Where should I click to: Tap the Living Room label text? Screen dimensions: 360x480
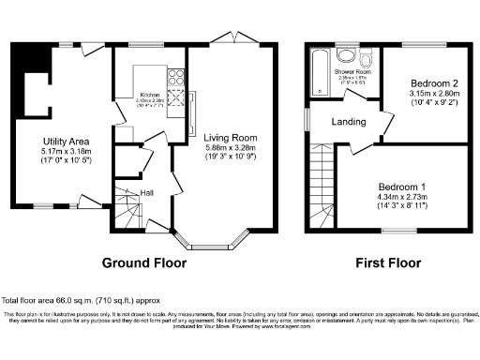(232, 137)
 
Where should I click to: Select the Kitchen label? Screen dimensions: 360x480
(150, 95)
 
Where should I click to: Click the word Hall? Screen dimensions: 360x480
(147, 192)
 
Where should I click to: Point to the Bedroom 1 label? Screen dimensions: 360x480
(402, 186)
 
